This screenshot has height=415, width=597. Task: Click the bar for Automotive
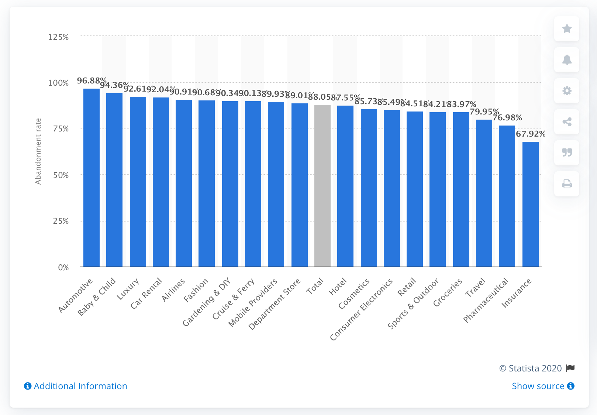[92, 177]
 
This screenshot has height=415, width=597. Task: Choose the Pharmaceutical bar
[507, 196]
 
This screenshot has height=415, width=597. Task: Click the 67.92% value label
[530, 134]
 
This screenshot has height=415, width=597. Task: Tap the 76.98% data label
[507, 118]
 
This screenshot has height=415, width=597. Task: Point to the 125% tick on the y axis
[58, 37]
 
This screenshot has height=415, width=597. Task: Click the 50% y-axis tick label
[61, 175]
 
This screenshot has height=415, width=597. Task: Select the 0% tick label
[63, 267]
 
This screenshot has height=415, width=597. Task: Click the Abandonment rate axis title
[38, 151]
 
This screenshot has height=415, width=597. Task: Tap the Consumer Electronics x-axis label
[362, 309]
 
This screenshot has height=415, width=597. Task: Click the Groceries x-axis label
[448, 292]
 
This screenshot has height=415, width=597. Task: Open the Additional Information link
[76, 386]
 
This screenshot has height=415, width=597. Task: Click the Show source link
[543, 386]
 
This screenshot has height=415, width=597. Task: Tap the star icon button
[567, 29]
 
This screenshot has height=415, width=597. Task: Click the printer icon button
[567, 184]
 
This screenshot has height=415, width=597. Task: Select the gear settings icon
[567, 91]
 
